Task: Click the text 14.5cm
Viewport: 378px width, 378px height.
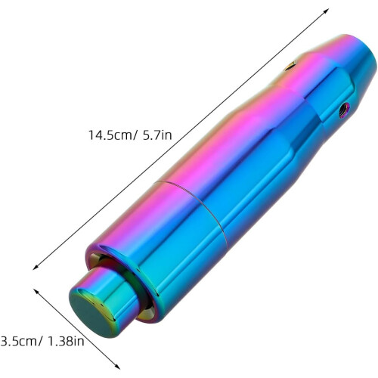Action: [x=110, y=135]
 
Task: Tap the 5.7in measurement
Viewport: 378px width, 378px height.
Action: [x=157, y=135]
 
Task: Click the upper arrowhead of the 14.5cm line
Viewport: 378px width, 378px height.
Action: [x=327, y=11]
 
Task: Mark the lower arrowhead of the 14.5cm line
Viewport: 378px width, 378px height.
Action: [x=36, y=268]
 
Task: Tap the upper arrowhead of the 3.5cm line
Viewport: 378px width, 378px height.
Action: [x=36, y=291]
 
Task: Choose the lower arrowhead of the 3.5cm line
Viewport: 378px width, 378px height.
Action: [x=117, y=367]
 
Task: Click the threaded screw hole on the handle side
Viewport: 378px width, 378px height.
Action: [x=344, y=110]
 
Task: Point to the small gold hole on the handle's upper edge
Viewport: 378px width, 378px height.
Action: [x=290, y=66]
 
